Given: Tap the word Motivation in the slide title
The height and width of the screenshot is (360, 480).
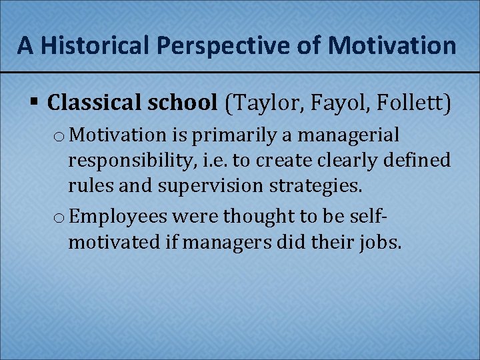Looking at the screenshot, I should click(x=393, y=45).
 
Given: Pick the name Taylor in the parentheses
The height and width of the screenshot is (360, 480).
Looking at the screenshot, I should click(x=265, y=103).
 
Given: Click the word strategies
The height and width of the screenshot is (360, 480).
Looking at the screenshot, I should click(x=316, y=186).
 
